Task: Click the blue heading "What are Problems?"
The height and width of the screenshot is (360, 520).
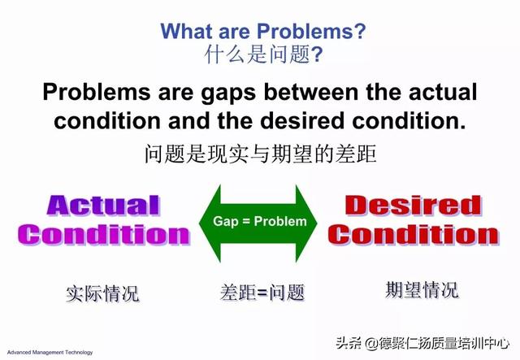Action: tap(263, 31)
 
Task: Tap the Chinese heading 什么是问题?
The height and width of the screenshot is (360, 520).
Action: tap(263, 54)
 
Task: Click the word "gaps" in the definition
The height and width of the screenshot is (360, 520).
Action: tap(228, 93)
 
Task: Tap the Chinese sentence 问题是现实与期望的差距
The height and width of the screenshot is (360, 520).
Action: tap(260, 154)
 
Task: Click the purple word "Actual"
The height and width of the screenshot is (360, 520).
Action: tap(103, 206)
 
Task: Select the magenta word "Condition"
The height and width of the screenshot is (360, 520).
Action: tap(103, 235)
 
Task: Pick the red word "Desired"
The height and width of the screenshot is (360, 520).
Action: tap(414, 205)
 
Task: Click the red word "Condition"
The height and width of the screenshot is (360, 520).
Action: tap(414, 235)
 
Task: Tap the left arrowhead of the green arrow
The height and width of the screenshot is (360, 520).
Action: tap(210, 223)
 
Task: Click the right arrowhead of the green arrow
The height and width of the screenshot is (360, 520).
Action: tap(306, 223)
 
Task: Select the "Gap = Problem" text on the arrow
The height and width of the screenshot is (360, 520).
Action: tap(260, 221)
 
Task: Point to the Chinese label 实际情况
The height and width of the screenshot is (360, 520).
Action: tap(102, 293)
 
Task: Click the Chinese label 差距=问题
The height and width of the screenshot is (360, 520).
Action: tap(262, 292)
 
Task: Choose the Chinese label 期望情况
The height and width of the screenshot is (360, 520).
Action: tap(422, 289)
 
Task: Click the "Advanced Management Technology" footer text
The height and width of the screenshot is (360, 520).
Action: tap(50, 353)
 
